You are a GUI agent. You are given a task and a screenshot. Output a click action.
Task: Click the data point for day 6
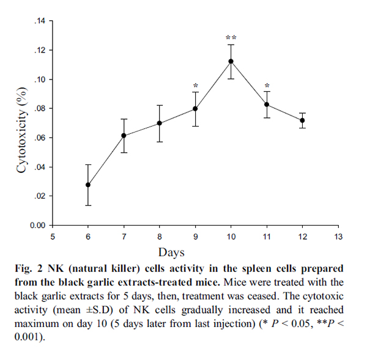pyautogui.click(x=88, y=185)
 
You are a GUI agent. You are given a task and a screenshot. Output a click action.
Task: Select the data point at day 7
pyautogui.click(x=124, y=136)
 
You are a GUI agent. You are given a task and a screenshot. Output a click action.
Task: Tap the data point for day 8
pyautogui.click(x=160, y=123)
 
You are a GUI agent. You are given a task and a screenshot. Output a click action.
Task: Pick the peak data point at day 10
pyautogui.click(x=231, y=61)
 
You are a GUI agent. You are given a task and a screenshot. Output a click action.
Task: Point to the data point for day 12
pyautogui.click(x=302, y=120)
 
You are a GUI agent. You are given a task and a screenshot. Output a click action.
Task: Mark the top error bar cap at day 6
pyautogui.click(x=88, y=165)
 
